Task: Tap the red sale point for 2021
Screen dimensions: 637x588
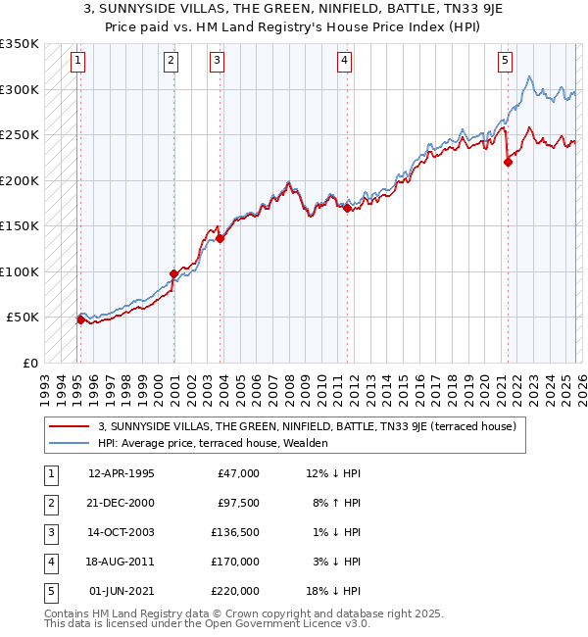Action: [x=508, y=163]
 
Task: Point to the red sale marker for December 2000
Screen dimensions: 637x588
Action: [x=173, y=273]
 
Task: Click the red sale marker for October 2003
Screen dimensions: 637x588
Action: [x=220, y=238]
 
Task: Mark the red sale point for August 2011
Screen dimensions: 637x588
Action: [x=347, y=208]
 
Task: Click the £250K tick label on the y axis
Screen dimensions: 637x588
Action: [x=20, y=135]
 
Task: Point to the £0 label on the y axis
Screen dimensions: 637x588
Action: [x=28, y=363]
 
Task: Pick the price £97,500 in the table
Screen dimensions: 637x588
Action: [x=238, y=503]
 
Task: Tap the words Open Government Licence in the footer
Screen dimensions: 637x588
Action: [x=277, y=623]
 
